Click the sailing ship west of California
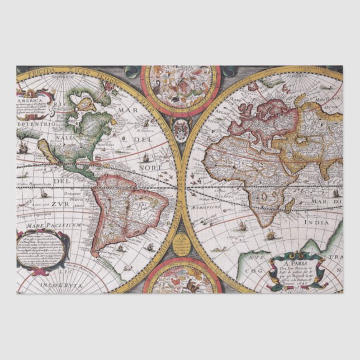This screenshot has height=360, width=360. click(x=23, y=148)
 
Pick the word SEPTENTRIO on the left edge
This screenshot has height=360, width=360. click(x=35, y=120)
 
